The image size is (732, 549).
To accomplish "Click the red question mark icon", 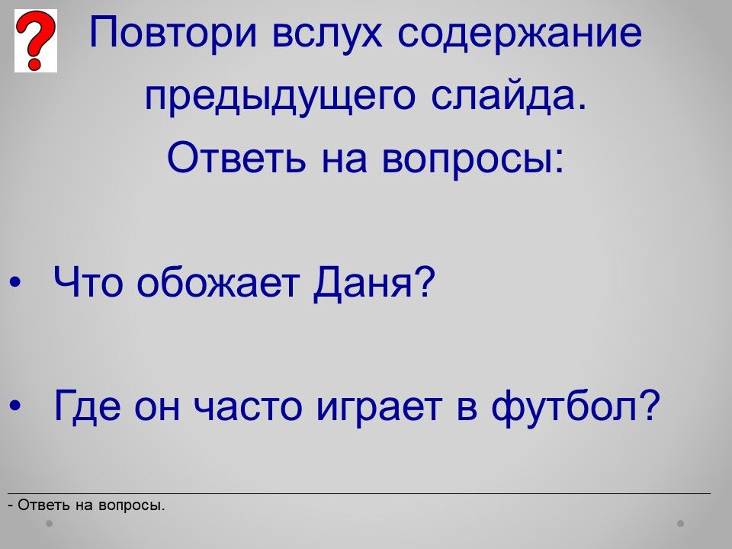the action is pos(36,40).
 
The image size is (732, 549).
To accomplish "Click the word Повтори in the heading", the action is pos(173,33).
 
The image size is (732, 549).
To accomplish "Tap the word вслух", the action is pos(327,34).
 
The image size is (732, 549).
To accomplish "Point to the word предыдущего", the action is pos(280,97).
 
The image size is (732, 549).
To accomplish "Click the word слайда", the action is pos(509,96).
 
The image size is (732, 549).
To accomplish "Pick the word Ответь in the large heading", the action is pos(236,157).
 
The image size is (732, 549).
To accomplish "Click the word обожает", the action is pos(217,281).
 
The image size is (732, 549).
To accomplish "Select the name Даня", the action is pos(374,282).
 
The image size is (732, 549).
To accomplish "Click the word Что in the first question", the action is pos(87,282).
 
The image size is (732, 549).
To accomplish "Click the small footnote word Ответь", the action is pos(43,505).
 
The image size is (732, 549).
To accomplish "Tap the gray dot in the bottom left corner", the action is pos(49,523).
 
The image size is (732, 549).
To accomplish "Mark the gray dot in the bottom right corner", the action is pos(681,523).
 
